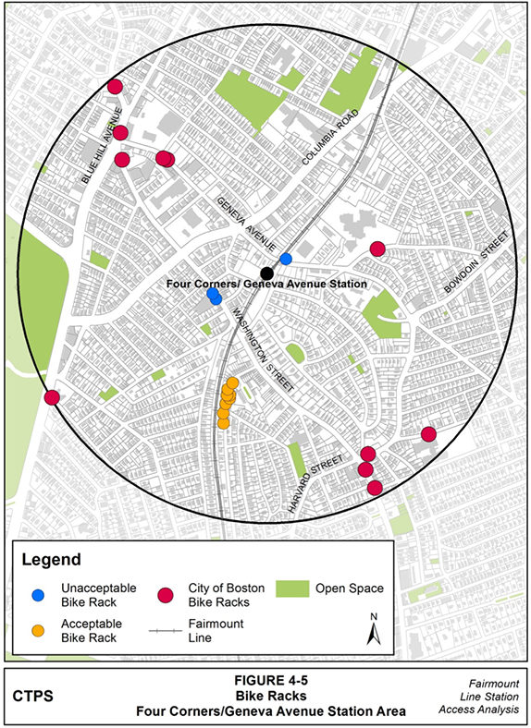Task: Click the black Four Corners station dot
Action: [266, 273]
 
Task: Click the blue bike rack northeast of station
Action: [286, 259]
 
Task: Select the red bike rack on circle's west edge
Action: [52, 397]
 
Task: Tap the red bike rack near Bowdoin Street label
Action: [377, 249]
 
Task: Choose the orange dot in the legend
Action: [39, 630]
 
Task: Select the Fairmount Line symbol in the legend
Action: [167, 631]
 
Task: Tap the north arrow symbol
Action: [375, 628]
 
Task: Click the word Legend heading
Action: [52, 560]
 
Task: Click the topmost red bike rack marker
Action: [116, 87]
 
